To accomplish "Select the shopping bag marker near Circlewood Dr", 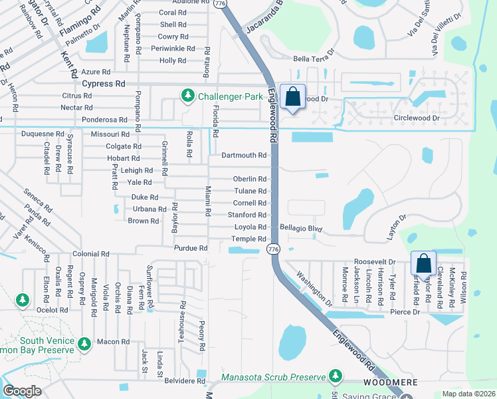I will (292, 98).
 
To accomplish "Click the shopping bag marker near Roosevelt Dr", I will (423, 265).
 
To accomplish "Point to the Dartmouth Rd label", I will (244, 156).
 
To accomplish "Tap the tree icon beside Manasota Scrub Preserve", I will (336, 376).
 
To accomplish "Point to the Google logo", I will (22, 391).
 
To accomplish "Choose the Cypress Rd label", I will (103, 84).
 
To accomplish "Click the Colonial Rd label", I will (91, 254).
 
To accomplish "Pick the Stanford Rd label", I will (247, 215).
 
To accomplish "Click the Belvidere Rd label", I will (185, 381).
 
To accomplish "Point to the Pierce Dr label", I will (405, 311).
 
